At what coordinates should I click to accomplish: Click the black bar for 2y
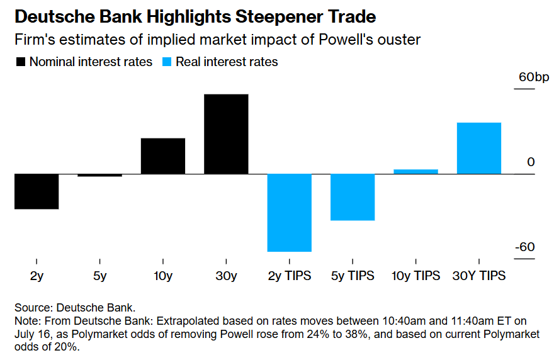tap(37, 191)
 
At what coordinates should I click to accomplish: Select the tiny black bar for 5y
tap(99, 175)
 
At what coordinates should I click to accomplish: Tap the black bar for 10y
tap(163, 155)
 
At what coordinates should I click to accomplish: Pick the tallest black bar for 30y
tap(226, 134)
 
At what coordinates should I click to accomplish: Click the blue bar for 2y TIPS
tap(290, 213)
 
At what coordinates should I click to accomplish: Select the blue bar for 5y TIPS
tap(353, 197)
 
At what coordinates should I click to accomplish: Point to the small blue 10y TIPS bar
tap(415, 171)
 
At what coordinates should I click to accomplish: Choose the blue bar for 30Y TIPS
tap(479, 148)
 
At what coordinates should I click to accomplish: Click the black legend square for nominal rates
tap(21, 62)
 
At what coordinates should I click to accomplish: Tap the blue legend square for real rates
tap(167, 62)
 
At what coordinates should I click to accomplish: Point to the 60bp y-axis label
tap(533, 77)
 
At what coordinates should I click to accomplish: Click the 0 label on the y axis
tap(531, 162)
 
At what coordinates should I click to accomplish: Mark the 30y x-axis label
tap(226, 276)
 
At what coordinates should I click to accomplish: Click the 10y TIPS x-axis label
tap(415, 276)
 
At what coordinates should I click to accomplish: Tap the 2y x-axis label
tap(37, 276)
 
